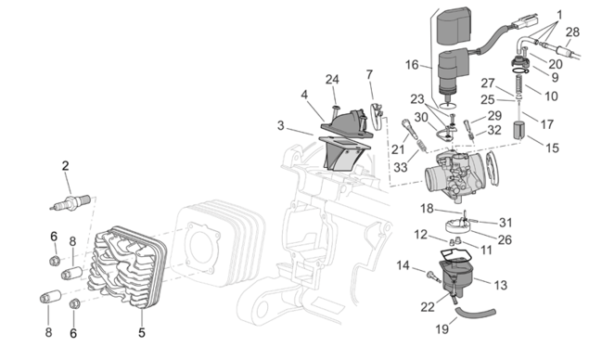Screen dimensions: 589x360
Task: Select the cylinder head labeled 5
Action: [x=127, y=267]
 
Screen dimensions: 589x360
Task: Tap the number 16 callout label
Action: [x=412, y=65]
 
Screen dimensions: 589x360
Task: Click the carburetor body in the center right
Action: [x=455, y=175]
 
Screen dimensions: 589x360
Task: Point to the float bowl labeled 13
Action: [x=456, y=273]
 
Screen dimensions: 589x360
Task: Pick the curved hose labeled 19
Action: [x=475, y=313]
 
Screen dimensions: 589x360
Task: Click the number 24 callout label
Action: [x=332, y=79]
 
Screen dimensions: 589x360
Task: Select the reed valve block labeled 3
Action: [x=345, y=154]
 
